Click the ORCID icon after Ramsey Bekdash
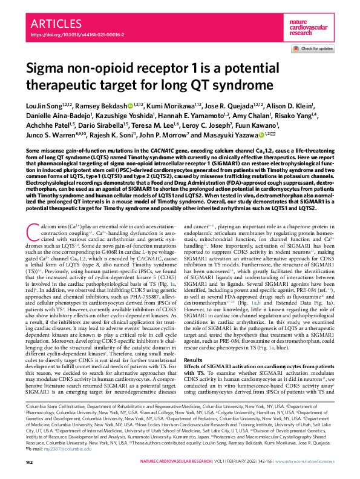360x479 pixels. click(x=129, y=106)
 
